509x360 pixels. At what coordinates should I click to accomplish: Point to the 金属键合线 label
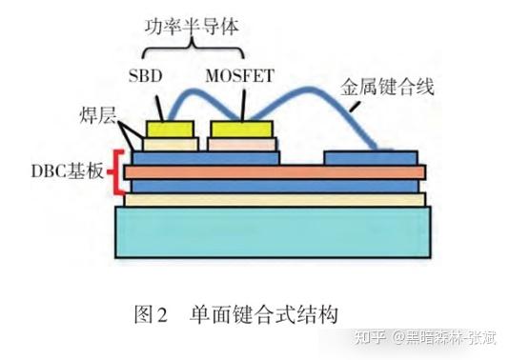click(x=388, y=88)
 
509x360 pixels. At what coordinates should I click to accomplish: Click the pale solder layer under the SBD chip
click(x=171, y=144)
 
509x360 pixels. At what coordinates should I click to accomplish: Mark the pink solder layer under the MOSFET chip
click(x=242, y=144)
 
